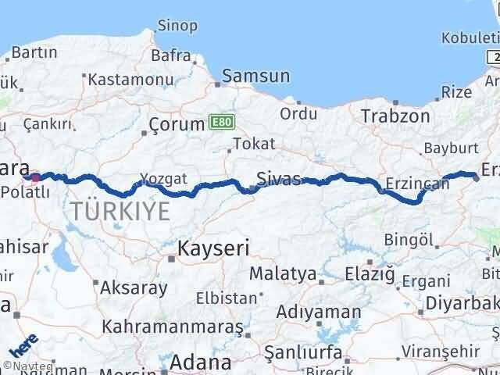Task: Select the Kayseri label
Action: (x=212, y=249)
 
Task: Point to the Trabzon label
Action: (x=395, y=116)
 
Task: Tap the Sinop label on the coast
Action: (x=177, y=26)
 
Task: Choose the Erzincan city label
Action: (x=416, y=184)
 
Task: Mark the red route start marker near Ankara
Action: (x=36, y=177)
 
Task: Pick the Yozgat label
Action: (x=163, y=179)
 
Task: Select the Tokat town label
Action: (x=249, y=145)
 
